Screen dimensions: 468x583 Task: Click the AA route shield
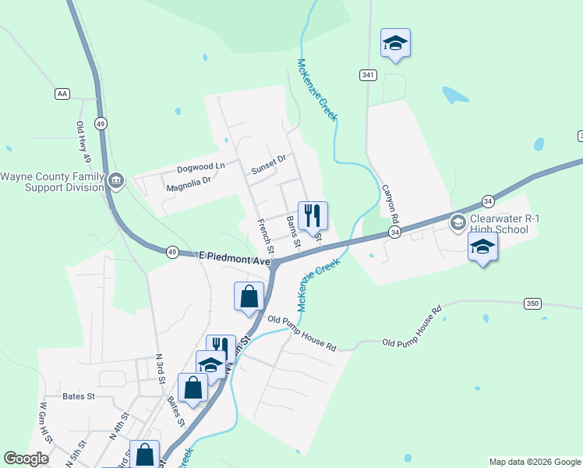[62, 94]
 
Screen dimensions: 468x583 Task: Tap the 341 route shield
[368, 75]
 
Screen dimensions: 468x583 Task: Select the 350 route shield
[532, 303]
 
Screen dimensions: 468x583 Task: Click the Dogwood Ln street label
[200, 165]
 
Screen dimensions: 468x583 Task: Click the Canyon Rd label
[390, 204]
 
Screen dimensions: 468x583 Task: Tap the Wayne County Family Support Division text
[52, 182]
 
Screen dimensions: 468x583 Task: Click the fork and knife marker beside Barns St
[313, 215]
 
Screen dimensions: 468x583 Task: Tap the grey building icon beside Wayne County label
[116, 182]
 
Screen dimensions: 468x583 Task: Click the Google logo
[26, 459]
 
